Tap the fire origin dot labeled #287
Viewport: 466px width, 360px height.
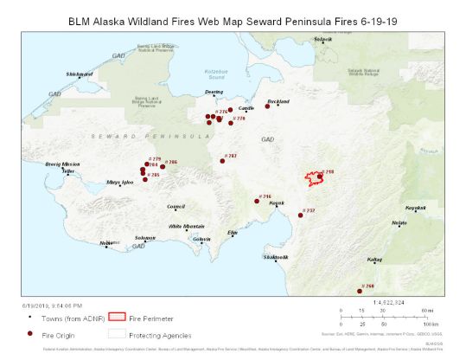[x=220, y=160]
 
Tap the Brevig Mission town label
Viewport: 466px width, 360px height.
[x=63, y=164]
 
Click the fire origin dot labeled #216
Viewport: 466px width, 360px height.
[x=258, y=201]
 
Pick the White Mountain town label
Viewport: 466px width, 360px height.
[x=187, y=225]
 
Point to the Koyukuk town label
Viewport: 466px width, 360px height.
[x=416, y=209]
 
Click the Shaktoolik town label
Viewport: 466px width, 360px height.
[x=275, y=257]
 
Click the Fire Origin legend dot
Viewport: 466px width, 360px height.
[x=29, y=333]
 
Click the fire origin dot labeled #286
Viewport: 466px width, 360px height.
[x=162, y=166]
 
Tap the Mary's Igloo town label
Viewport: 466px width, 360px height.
[x=119, y=183]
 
